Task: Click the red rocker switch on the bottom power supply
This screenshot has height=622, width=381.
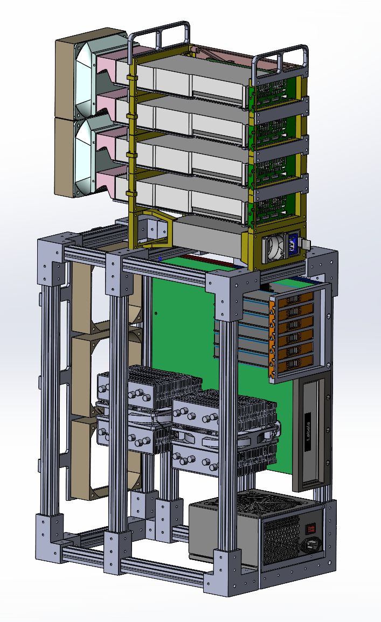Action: (x=310, y=528)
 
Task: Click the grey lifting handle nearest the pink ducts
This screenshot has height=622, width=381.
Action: (x=159, y=38)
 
